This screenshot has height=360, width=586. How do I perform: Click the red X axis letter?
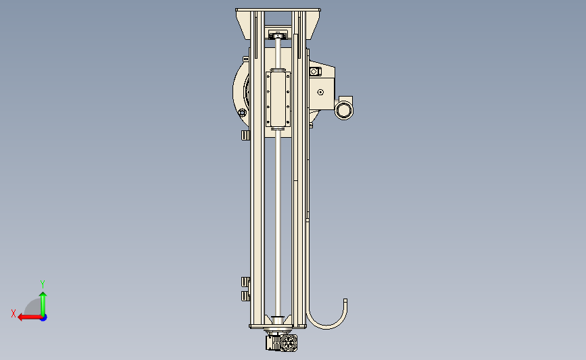tap(14, 313)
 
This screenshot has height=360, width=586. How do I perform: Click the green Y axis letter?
tap(43, 284)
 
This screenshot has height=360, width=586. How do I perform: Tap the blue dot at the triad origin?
tap(44, 318)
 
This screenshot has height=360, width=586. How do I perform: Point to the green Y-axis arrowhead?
tap(43, 295)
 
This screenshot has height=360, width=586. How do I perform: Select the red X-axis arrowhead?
tap(21, 317)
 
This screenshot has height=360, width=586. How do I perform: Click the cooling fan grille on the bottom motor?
tap(289, 343)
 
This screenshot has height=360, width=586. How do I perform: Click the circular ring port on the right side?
tap(344, 110)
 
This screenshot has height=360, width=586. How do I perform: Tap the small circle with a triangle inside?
tap(320, 92)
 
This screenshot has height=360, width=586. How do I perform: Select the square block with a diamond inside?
tap(314, 72)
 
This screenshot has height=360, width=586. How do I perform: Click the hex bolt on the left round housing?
tap(242, 112)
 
